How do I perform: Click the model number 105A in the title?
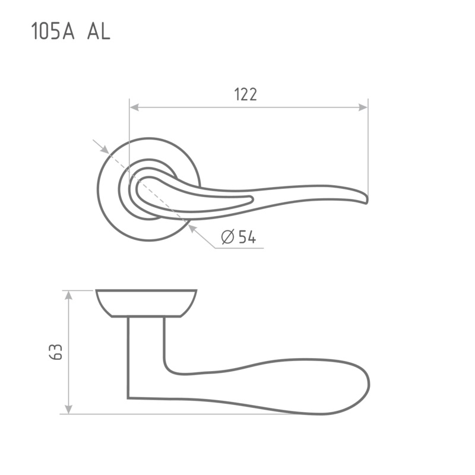[53, 31]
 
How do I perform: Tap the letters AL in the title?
[99, 31]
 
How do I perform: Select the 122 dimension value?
[246, 94]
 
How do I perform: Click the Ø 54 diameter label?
[239, 236]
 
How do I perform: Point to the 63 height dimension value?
[56, 351]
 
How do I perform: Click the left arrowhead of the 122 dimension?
[134, 107]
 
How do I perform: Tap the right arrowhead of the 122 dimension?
[363, 107]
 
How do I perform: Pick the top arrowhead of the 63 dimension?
[69, 295]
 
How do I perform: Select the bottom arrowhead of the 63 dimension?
[69, 409]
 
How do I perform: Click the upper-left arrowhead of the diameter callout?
[105, 150]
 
